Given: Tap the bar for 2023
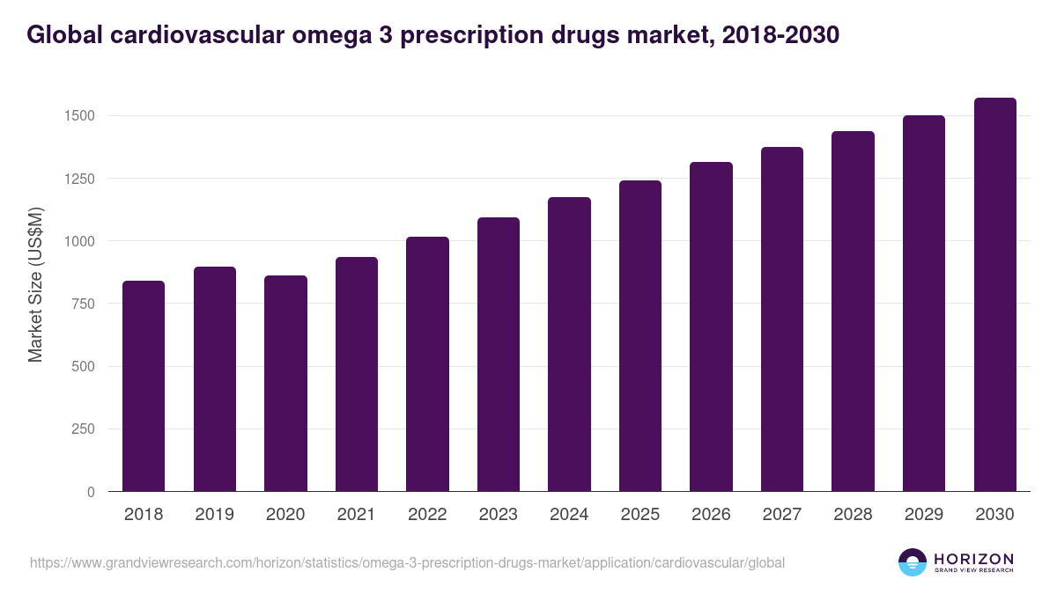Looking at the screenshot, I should [499, 354].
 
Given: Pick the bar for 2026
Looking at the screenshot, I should [711, 326].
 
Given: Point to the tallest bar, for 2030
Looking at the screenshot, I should [994, 294].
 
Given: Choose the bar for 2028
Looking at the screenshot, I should [853, 311].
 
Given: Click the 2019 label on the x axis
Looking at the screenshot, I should [215, 515].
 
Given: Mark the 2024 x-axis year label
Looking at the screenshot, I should [569, 515].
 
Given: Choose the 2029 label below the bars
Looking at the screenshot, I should [924, 515].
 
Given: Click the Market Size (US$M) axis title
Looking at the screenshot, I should [36, 285].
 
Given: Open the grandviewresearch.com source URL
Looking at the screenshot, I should [407, 562].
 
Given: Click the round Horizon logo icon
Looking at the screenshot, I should [913, 562].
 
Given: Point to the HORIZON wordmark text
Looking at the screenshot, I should [973, 558].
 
